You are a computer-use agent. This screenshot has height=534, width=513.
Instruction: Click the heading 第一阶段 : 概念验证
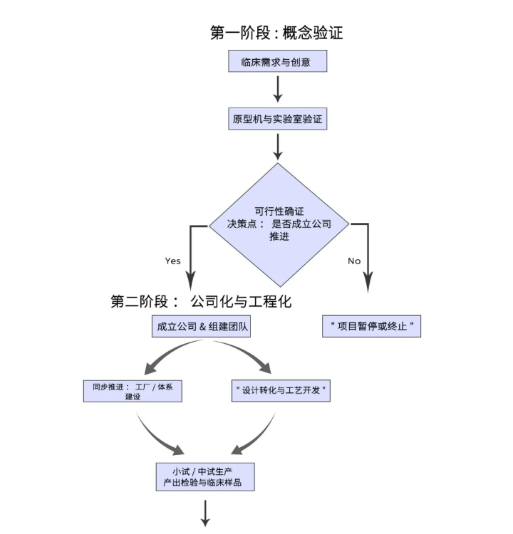pyautogui.click(x=277, y=33)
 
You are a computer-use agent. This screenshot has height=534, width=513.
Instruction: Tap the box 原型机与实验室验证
pyautogui.click(x=278, y=119)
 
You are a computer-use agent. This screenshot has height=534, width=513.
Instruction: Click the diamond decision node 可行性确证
pyautogui.click(x=279, y=224)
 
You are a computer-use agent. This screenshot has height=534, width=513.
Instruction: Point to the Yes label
pyautogui.click(x=173, y=261)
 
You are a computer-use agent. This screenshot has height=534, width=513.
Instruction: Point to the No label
pyautogui.click(x=354, y=261)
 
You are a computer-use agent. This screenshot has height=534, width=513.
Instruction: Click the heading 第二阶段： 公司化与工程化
pyautogui.click(x=202, y=301)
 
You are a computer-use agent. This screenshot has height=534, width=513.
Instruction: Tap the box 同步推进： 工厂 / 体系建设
pyautogui.click(x=133, y=391)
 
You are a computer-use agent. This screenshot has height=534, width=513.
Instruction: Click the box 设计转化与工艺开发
pyautogui.click(x=281, y=391)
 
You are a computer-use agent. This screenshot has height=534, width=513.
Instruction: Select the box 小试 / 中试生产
pyautogui.click(x=206, y=476)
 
